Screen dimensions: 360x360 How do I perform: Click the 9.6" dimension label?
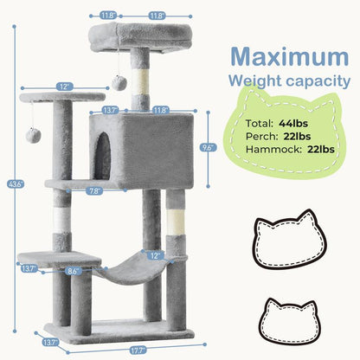207,147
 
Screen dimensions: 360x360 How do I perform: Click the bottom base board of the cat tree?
130,331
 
